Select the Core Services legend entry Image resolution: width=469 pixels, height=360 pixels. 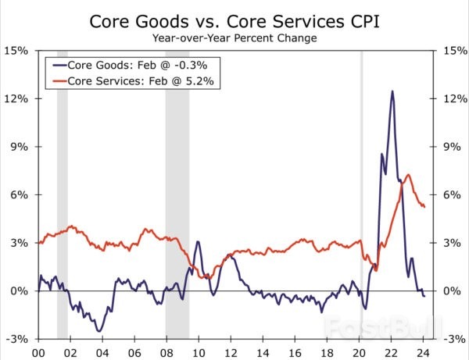128,81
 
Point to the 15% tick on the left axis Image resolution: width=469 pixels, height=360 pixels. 17,51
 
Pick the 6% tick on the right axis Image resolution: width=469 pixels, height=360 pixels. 451,195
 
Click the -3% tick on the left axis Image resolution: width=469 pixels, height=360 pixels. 18,340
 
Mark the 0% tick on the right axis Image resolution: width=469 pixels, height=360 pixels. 451,291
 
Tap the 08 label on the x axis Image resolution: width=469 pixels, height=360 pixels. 166,352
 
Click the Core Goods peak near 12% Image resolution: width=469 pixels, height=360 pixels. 392,91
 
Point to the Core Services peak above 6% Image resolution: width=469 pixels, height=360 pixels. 406,175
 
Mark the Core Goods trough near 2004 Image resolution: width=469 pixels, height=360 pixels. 99,330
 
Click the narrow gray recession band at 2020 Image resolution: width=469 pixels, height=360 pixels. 361,195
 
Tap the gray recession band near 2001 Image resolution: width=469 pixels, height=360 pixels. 63,195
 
